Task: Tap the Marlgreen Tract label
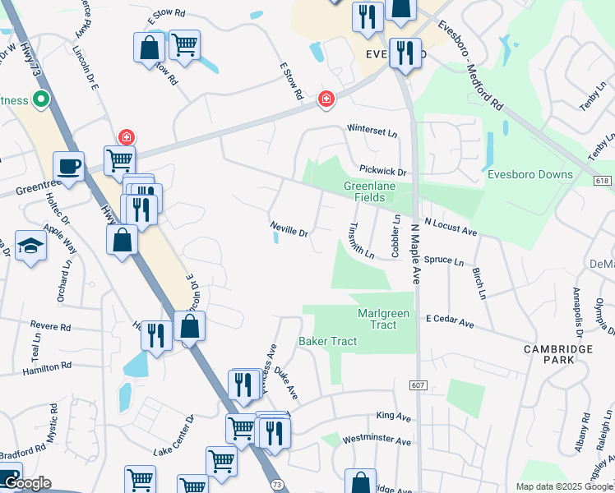[x=377, y=320]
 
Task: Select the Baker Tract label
[x=327, y=341]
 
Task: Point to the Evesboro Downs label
[x=541, y=174]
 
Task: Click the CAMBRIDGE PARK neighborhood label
[x=558, y=356]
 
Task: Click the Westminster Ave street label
[x=377, y=441]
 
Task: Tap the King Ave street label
[x=393, y=417]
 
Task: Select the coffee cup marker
[x=69, y=166]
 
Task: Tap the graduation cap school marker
[x=30, y=246]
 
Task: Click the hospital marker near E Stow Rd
[x=326, y=99]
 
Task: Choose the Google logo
[x=26, y=483]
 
